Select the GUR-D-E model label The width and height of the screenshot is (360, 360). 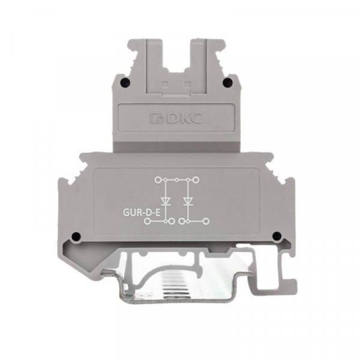(142, 213)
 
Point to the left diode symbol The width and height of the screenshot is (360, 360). (165, 201)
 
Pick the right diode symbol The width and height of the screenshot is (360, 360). (188, 201)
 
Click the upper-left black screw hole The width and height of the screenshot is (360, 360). (125, 82)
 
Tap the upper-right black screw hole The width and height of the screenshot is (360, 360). (227, 82)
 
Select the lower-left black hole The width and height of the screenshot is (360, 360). (76, 236)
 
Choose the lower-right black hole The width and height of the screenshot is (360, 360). (277, 235)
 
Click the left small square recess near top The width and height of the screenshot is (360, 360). (164, 85)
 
